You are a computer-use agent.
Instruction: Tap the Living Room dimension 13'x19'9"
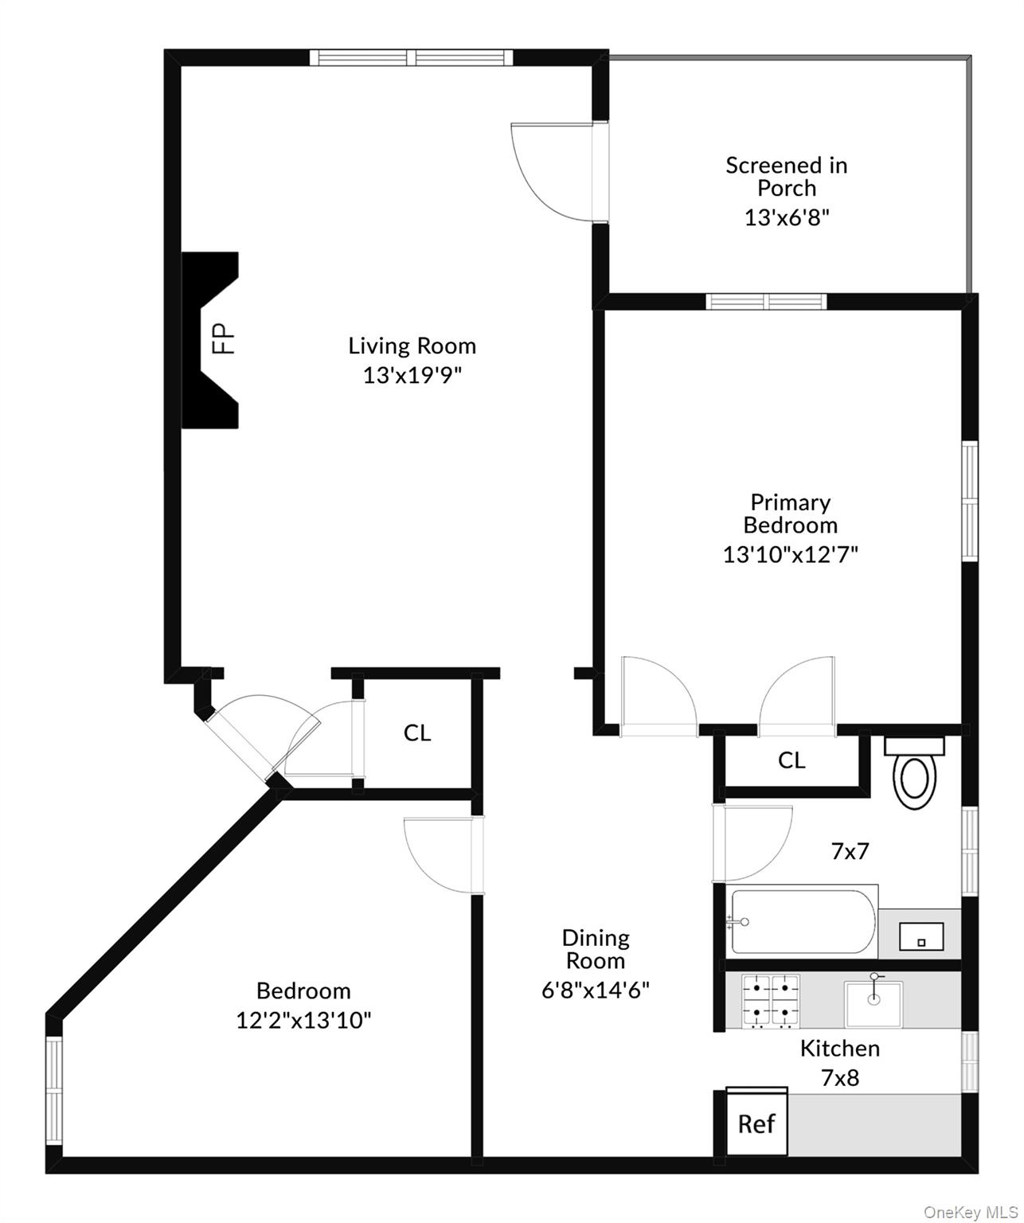[x=412, y=375]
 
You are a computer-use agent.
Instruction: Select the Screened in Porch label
[x=787, y=177]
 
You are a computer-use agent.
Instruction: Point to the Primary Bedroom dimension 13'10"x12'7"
[x=790, y=554]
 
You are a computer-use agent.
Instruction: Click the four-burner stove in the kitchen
[x=771, y=1000]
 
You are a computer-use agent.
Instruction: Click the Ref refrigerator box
[x=756, y=1123]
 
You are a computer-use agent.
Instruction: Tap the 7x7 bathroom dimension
[x=850, y=851]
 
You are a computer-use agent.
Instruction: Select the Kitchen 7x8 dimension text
[x=840, y=1078]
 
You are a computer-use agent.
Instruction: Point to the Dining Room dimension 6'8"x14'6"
[x=596, y=990]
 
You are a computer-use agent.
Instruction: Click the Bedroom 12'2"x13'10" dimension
[x=303, y=1020]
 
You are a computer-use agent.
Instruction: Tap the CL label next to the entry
[x=417, y=733]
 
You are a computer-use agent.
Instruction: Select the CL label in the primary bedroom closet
[x=791, y=760]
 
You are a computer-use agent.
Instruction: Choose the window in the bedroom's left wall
[x=53, y=1091]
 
